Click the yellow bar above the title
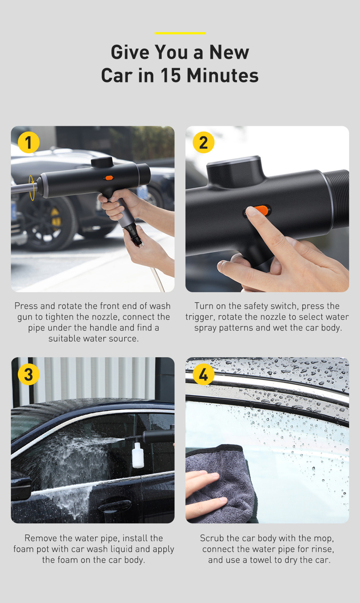(180, 33)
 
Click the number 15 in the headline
(170, 76)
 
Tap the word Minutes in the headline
(222, 76)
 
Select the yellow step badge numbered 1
(28, 142)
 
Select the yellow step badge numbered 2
(203, 142)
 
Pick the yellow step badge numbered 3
(28, 374)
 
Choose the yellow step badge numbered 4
(203, 374)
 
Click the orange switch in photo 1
(109, 177)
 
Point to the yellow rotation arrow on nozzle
(32, 187)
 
